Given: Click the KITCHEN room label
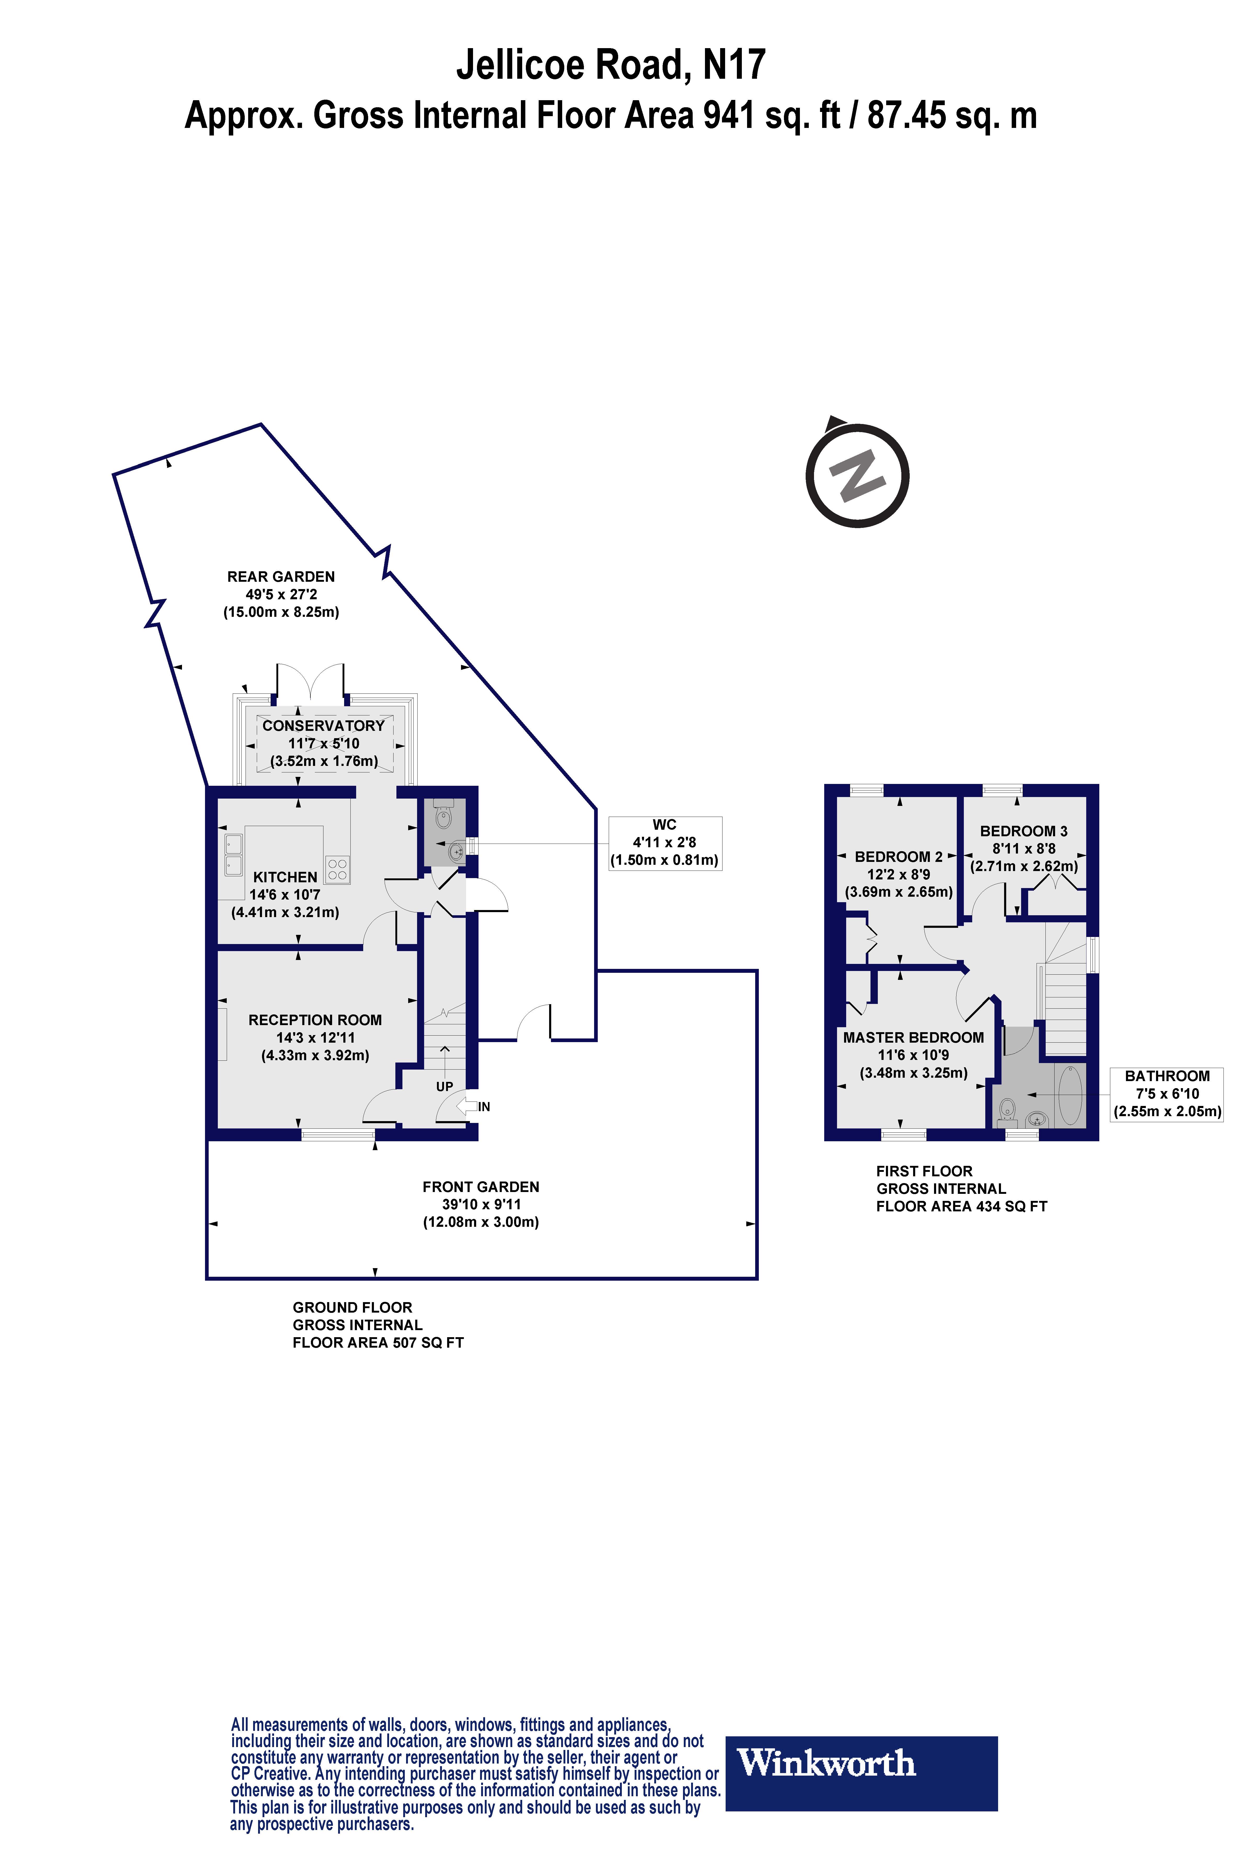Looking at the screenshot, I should pos(285,877).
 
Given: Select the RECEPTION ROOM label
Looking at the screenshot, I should pos(315,1019).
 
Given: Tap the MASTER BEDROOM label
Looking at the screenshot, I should pos(913,1038).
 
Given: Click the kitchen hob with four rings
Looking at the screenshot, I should pos(337,869).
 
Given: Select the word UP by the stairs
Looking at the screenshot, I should pos(444,1086).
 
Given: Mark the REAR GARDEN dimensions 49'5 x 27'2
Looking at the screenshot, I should pos(281,594).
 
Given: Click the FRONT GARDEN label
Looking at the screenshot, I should pos(480,1187).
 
